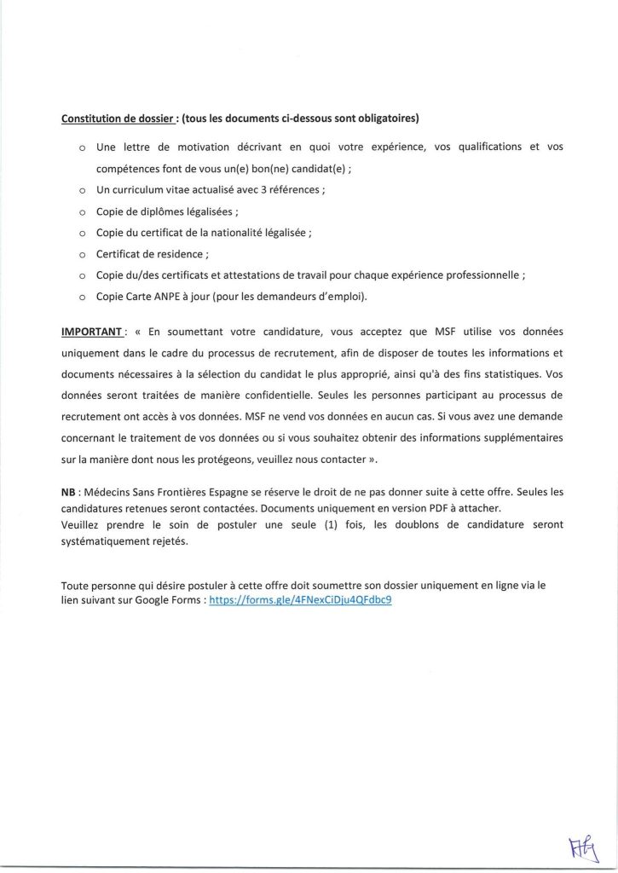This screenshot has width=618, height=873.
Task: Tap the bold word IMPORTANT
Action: [x=93, y=329]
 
